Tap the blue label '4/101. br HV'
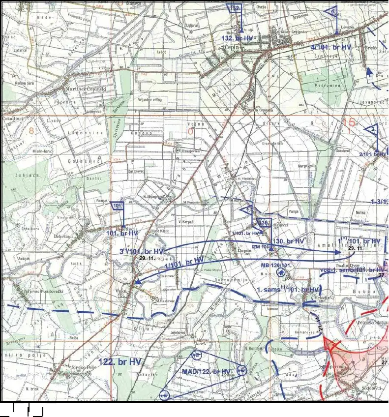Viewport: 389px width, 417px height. pyautogui.click(x=330, y=47)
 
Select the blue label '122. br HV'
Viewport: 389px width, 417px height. pyautogui.click(x=120, y=361)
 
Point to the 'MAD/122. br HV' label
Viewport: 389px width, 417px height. pyautogui.click(x=206, y=371)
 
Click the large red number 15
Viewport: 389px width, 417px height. pyautogui.click(x=349, y=123)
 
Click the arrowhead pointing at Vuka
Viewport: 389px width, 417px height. pyautogui.click(x=138, y=282)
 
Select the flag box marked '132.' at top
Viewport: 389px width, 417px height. pyautogui.click(x=236, y=8)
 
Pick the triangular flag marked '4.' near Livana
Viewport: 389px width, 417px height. pyautogui.click(x=331, y=11)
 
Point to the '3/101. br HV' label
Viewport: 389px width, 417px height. pyautogui.click(x=141, y=252)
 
